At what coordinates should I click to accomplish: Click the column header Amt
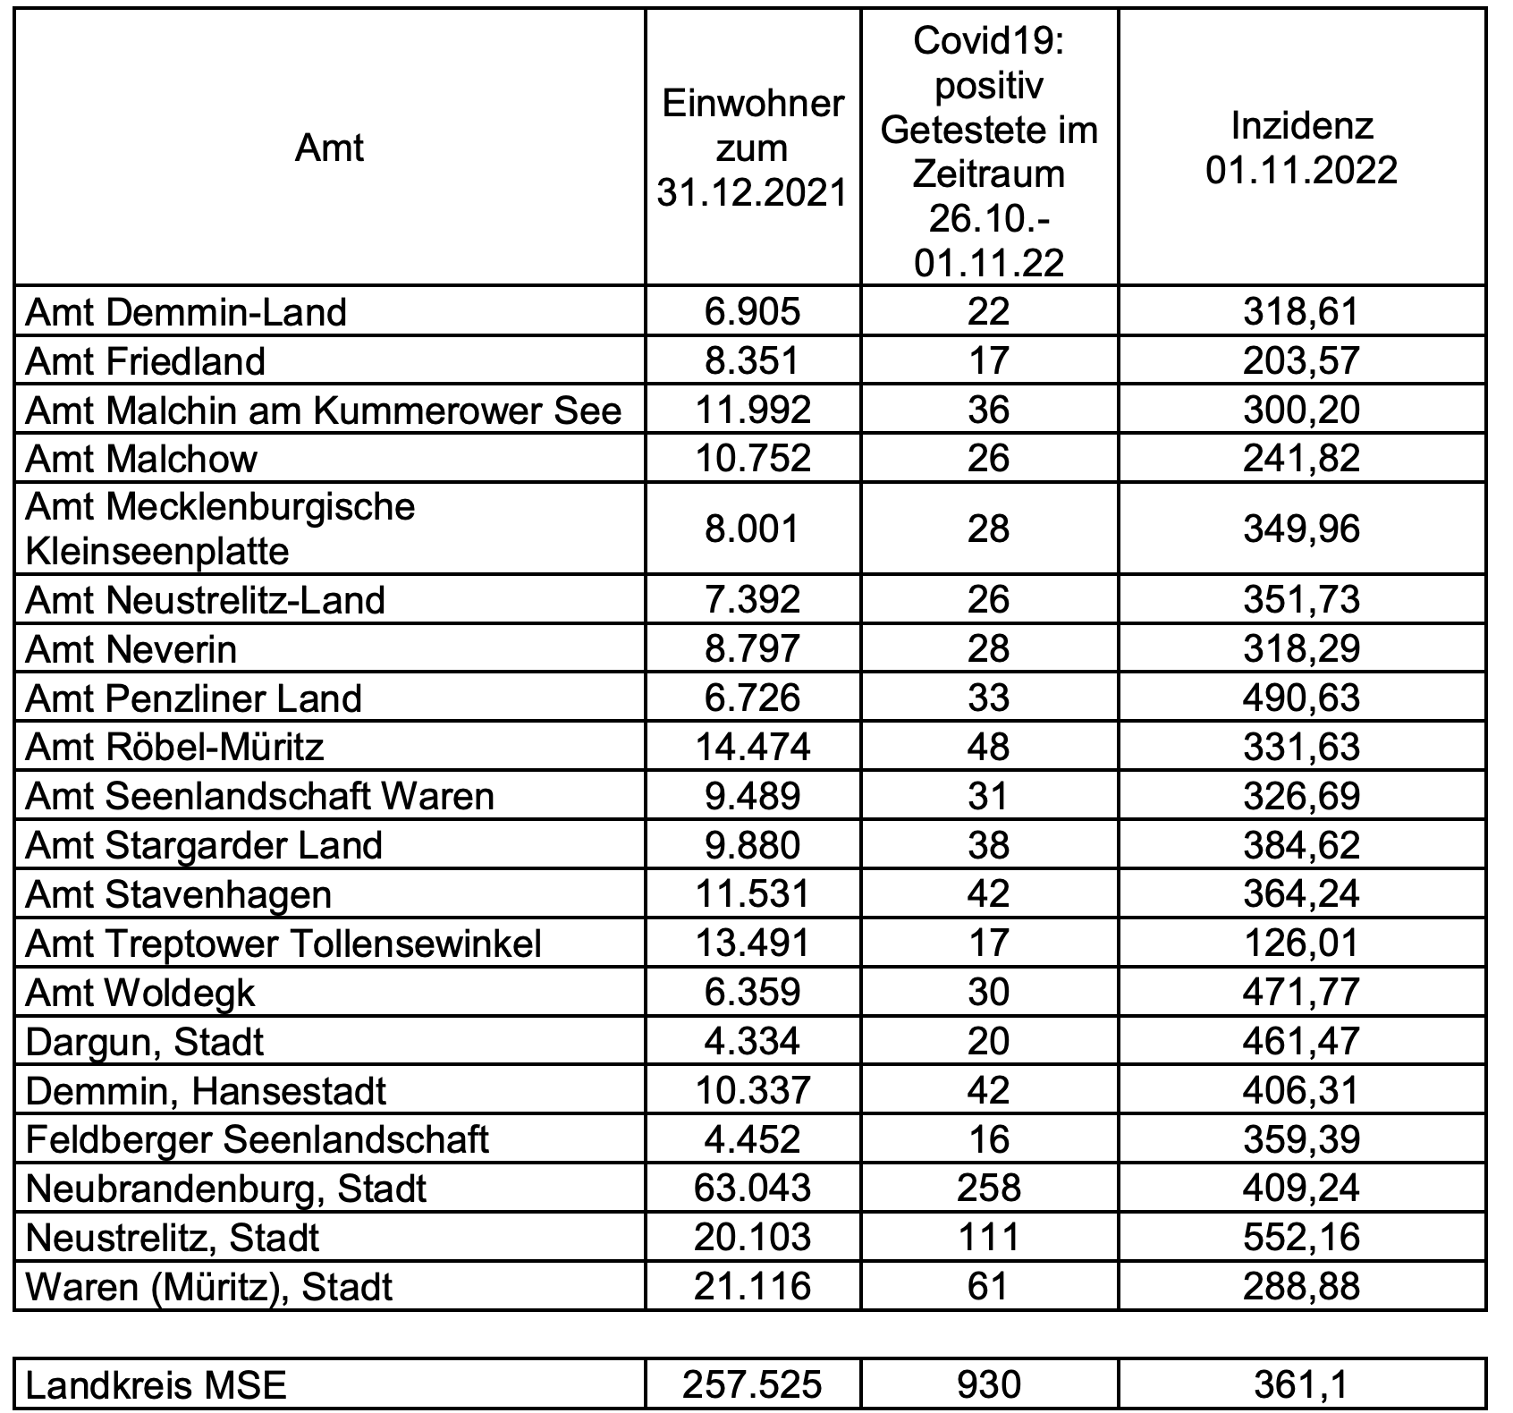point(329,148)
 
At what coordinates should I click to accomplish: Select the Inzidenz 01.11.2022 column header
point(1301,148)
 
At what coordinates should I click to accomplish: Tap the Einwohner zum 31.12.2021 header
point(752,148)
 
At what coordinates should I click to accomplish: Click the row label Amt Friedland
point(146,361)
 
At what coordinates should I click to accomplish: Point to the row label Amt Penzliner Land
point(193,698)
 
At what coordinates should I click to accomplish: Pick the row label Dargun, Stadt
point(145,1042)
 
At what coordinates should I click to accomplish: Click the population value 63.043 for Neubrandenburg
point(752,1189)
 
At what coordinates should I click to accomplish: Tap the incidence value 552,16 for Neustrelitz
point(1301,1238)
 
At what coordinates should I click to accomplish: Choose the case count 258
point(988,1189)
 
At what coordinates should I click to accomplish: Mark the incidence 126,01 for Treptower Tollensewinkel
point(1301,943)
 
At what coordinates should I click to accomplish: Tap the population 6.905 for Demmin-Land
point(752,312)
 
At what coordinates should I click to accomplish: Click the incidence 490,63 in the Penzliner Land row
point(1301,698)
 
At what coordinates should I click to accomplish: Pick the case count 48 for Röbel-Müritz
point(988,748)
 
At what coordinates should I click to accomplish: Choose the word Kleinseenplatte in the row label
point(157,551)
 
